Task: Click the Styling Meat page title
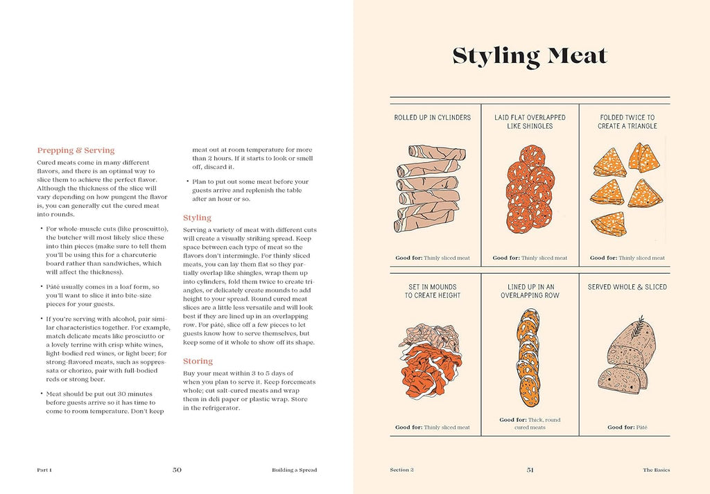coord(530,56)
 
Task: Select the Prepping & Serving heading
coord(76,150)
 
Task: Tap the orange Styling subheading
coord(197,218)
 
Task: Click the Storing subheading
coord(198,361)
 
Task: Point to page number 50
coord(177,470)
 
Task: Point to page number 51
coord(530,470)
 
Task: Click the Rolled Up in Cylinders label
coord(432,118)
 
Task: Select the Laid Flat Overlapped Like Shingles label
coord(530,122)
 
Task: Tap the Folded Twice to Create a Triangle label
coord(627,122)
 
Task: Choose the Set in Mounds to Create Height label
coord(432,291)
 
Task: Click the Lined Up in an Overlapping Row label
coord(530,291)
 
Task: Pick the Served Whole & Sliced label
coord(627,287)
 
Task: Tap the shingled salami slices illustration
coord(530,188)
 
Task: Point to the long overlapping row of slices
coord(529,357)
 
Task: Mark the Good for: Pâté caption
coord(627,427)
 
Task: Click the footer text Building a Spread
coord(294,470)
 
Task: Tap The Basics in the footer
coord(656,470)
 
